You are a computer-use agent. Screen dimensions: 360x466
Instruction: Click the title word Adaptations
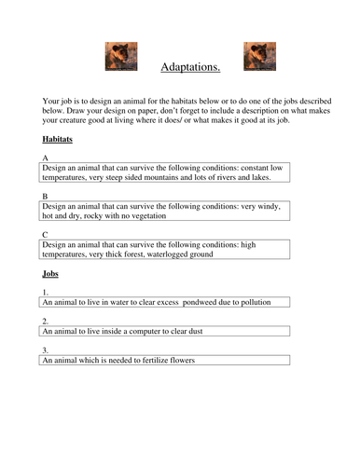click(190, 67)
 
